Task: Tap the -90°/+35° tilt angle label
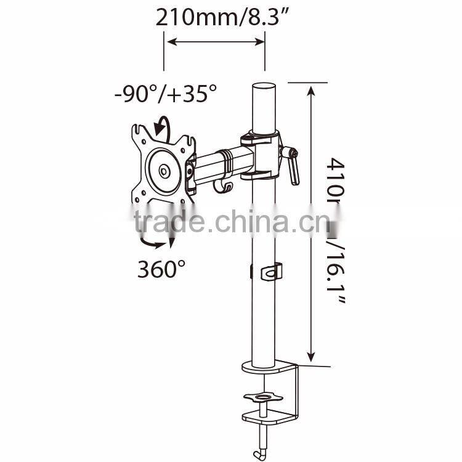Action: click(166, 94)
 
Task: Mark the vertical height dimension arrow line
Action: click(312, 222)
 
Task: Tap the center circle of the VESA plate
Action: click(164, 171)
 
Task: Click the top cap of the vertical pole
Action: click(265, 88)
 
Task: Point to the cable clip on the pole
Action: click(270, 272)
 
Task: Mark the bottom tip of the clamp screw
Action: click(264, 437)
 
